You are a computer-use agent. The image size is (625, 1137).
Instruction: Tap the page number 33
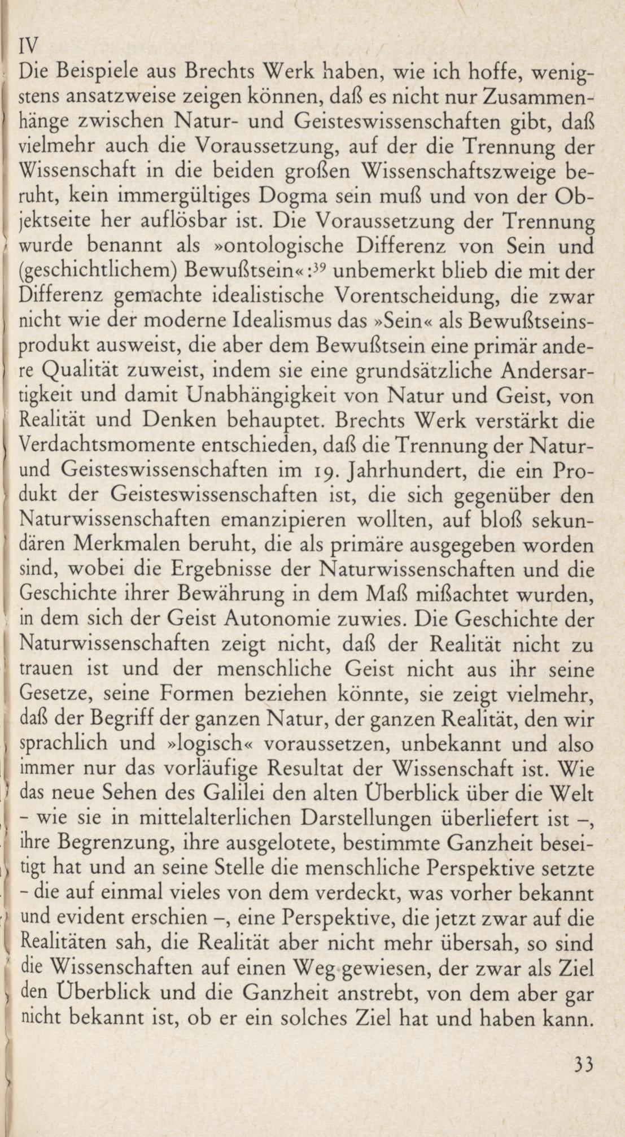click(x=582, y=1064)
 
